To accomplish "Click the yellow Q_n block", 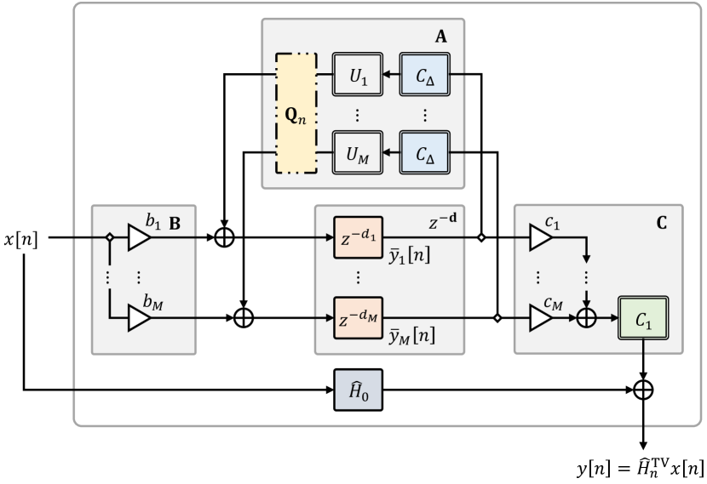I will click(x=296, y=113).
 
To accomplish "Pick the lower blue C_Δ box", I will click(x=424, y=154).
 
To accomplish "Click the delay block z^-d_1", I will click(x=358, y=239).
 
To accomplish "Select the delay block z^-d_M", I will click(x=358, y=317).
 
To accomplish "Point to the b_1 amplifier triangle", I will click(x=138, y=239).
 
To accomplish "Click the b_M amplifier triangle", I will click(x=138, y=317).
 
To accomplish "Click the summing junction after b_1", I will click(x=224, y=239).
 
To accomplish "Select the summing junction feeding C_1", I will click(x=586, y=317).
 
